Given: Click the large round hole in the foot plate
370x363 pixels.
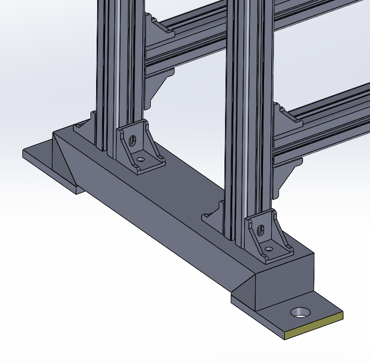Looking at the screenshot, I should coord(300,312).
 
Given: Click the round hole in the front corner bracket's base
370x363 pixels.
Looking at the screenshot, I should coord(268,249).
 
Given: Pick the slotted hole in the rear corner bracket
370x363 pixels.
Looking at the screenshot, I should coord(132,140).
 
